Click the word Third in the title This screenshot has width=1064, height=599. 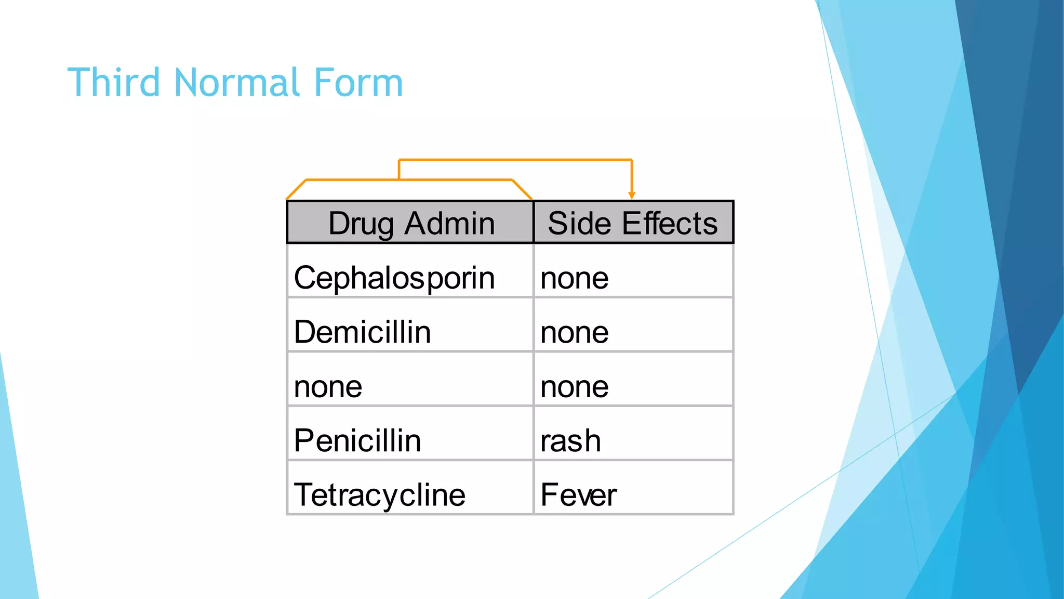click(113, 83)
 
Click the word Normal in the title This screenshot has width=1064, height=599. click(237, 83)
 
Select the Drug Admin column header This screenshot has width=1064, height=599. click(410, 223)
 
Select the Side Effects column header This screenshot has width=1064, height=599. click(633, 223)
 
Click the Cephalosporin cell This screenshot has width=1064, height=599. click(394, 278)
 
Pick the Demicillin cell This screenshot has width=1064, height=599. click(362, 332)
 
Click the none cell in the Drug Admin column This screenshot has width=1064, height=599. click(328, 386)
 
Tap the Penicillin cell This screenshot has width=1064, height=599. click(357, 440)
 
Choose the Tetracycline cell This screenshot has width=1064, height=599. click(379, 494)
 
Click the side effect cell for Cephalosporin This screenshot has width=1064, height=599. click(574, 278)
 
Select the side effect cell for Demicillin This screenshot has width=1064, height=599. click(574, 332)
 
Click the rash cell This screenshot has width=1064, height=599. click(570, 441)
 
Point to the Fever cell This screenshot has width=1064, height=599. click(578, 494)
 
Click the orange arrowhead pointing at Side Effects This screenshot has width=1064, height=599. click(632, 196)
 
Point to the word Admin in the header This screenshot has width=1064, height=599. click(449, 223)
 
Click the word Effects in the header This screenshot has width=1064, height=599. click(670, 223)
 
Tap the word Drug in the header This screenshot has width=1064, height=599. click(361, 224)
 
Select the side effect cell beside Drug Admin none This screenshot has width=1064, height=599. click(574, 387)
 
